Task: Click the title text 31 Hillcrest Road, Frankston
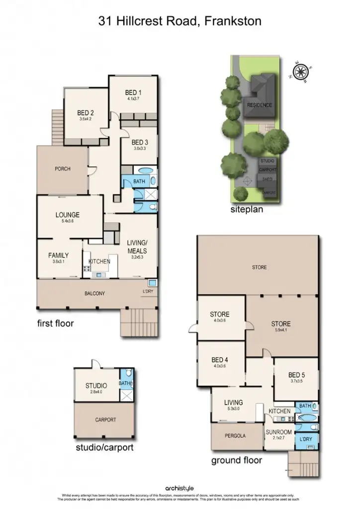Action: (x=180, y=21)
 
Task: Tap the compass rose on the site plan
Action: (x=301, y=73)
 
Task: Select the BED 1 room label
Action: (x=133, y=92)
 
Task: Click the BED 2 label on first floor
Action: (x=86, y=113)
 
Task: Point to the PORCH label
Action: (x=62, y=169)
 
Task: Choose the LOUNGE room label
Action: (x=68, y=215)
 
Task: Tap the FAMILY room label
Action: (x=59, y=255)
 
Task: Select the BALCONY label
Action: (x=94, y=294)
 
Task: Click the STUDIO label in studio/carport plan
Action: (x=96, y=386)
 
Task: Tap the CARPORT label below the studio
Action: (x=105, y=420)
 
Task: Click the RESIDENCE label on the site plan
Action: (x=260, y=105)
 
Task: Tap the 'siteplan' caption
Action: (x=247, y=210)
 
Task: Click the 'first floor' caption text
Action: (x=56, y=324)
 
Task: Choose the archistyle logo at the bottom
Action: (x=180, y=489)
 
